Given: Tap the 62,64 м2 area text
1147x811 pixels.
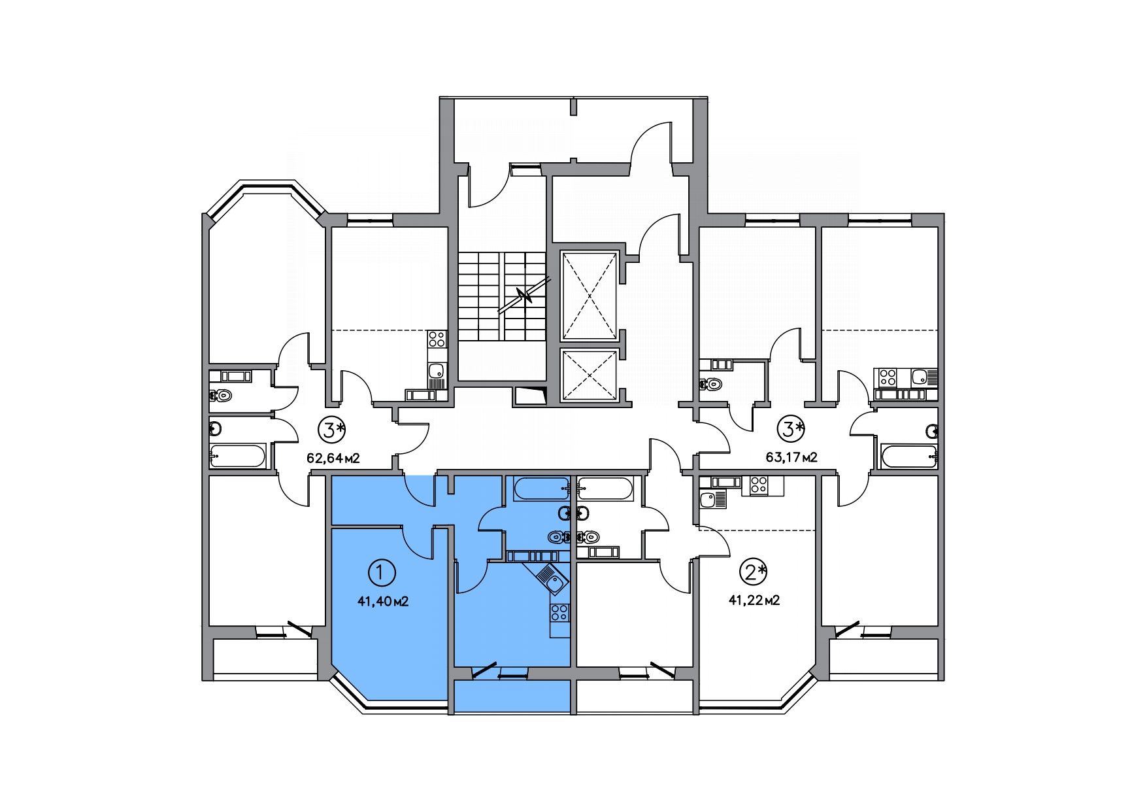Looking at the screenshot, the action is tap(333, 458).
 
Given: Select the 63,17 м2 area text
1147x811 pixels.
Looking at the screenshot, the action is tap(791, 457).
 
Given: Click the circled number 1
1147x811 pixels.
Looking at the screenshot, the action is tap(382, 574).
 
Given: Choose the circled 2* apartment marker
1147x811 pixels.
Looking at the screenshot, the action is tap(752, 573).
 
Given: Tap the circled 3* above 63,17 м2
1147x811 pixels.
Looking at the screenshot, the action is tap(791, 430).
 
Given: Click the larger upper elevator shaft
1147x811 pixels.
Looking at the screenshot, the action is tap(590, 296).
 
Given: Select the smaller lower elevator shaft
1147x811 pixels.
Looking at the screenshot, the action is tap(590, 374).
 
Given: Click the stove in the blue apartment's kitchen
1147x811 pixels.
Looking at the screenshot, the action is tap(559, 613).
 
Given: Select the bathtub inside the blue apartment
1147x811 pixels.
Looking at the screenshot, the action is tap(541, 489).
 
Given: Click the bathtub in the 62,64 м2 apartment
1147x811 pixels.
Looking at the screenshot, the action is tap(238, 456).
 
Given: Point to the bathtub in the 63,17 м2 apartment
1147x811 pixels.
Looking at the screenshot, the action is tap(909, 455).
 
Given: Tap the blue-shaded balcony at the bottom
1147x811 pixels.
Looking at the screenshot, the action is tap(511, 696).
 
